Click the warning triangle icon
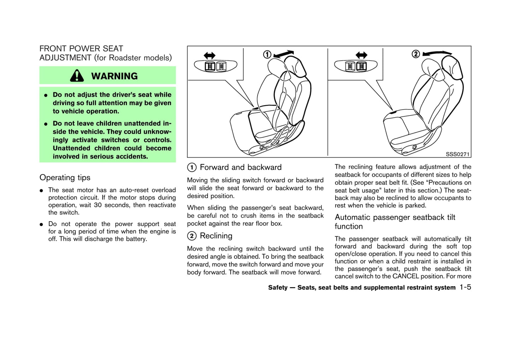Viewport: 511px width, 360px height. click(x=77, y=76)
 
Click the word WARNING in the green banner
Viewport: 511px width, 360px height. click(x=114, y=76)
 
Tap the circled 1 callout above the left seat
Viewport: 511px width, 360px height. click(x=267, y=54)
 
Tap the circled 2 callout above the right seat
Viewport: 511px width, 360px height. click(x=416, y=54)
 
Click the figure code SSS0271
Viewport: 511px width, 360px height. click(x=457, y=154)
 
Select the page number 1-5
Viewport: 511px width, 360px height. click(x=465, y=287)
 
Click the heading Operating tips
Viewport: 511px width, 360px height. click(x=65, y=177)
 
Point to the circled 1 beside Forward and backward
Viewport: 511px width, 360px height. click(x=192, y=167)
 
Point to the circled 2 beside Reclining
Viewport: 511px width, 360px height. click(x=192, y=236)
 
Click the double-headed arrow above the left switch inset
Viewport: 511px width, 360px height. click(x=209, y=55)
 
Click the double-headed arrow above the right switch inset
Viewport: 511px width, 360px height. click(x=361, y=55)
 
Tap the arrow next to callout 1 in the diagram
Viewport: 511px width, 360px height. click(x=284, y=54)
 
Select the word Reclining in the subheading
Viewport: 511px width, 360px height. click(x=216, y=236)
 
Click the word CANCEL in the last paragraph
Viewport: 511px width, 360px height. click(x=406, y=276)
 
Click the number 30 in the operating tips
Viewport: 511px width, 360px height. click(x=98, y=205)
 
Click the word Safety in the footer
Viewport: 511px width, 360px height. click(x=278, y=288)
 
